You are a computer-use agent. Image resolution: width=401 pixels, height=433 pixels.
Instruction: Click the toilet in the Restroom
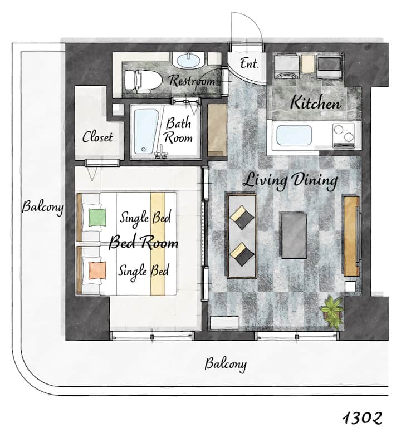(143, 80)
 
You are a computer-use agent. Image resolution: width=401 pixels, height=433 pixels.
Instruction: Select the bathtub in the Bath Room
(146, 132)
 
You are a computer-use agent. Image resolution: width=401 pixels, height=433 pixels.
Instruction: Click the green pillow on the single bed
(97, 217)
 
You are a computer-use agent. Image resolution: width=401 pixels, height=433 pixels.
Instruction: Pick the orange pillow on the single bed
(97, 270)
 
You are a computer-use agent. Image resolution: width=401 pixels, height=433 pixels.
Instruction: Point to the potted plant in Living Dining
(332, 312)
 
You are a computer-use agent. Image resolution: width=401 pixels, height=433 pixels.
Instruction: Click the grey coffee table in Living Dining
(294, 235)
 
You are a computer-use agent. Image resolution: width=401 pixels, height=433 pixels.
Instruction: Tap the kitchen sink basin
(294, 135)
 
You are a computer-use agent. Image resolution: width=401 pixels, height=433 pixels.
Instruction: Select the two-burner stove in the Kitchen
(344, 136)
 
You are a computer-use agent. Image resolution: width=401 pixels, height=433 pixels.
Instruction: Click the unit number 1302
(362, 417)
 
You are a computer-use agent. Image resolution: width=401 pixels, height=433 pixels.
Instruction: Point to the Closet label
(97, 136)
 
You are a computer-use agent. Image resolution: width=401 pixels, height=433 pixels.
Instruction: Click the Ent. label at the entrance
(250, 63)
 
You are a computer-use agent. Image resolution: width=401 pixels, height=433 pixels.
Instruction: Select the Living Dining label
(290, 181)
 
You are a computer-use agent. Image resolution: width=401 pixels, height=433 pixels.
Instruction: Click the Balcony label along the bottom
(226, 364)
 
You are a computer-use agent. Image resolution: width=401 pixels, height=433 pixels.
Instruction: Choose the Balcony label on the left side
(43, 207)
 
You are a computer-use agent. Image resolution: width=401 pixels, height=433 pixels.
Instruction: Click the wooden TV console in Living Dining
(351, 236)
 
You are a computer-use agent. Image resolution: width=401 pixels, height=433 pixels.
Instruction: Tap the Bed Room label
(143, 242)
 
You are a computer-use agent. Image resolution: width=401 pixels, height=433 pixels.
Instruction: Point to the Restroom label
(192, 80)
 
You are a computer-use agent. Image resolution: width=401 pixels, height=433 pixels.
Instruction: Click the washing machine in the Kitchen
(286, 67)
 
